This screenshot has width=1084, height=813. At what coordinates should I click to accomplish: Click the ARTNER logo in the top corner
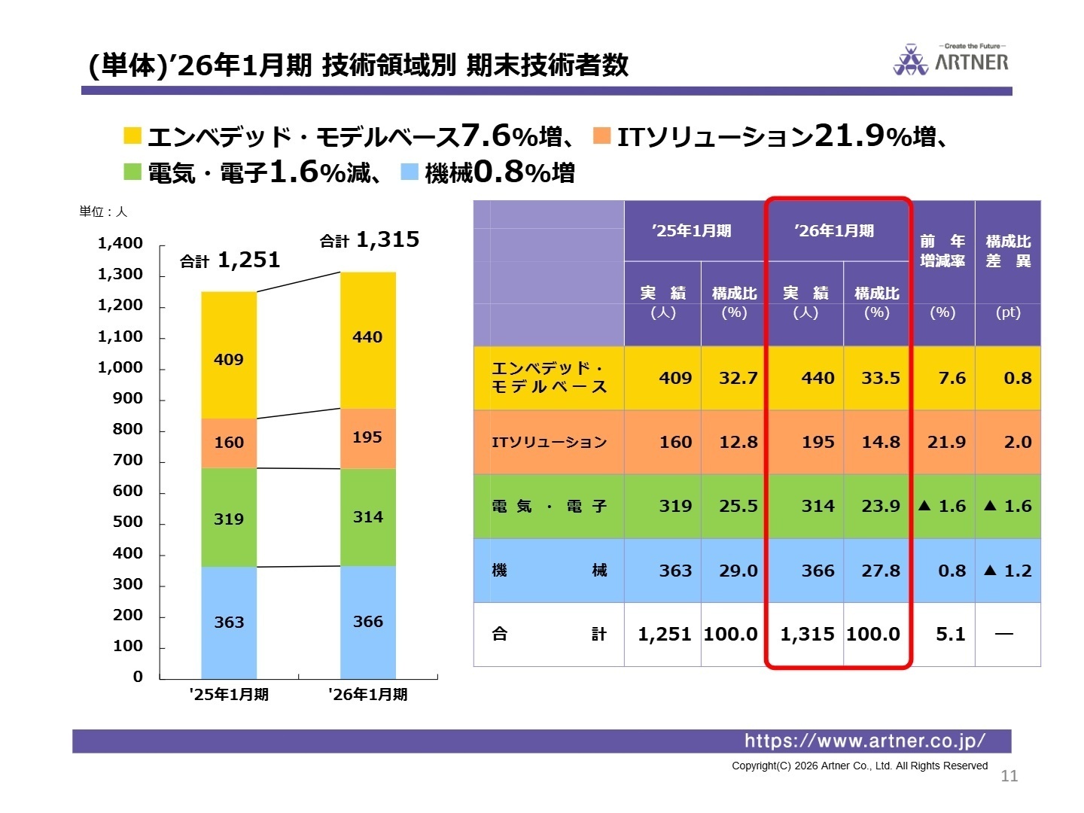coord(951,59)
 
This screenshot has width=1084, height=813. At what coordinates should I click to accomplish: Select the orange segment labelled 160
coord(229,443)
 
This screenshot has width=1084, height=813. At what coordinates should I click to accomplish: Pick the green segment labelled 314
coord(367,517)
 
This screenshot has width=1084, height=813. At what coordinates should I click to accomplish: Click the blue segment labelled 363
coord(229,623)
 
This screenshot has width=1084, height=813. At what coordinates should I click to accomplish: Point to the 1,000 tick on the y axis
coord(120,367)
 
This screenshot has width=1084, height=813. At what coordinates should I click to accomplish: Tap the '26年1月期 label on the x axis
coord(367,694)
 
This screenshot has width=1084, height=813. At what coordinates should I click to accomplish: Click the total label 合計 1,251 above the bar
coord(230,260)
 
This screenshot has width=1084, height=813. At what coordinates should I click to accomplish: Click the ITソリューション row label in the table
coord(549,442)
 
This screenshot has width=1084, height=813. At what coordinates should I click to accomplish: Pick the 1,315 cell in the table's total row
coord(807,635)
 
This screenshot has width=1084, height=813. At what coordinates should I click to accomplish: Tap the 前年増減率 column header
coord(942,251)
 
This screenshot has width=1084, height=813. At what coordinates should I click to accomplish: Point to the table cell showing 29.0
coord(738,571)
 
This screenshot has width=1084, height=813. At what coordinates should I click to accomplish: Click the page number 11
coord(1009,776)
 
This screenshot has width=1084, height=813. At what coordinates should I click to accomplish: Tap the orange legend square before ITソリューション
coord(601,135)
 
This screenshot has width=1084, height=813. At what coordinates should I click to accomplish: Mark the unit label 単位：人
coord(103,212)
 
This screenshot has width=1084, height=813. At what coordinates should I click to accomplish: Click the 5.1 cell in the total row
coord(950,635)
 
